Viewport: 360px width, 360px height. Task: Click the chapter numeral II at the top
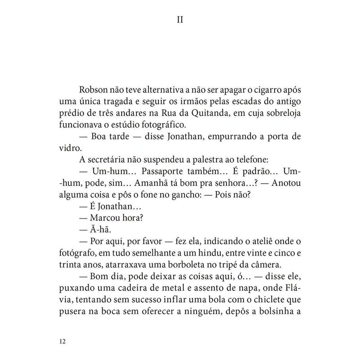[180, 21]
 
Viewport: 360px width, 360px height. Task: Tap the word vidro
[68, 147]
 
